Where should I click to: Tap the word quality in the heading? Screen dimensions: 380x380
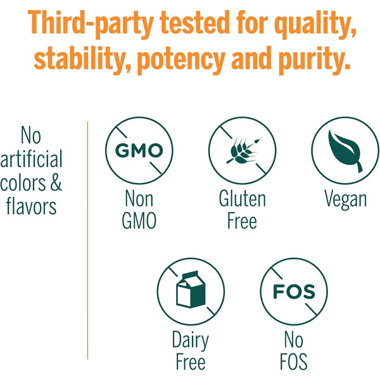[315, 24]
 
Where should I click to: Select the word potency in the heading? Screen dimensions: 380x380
[181, 60]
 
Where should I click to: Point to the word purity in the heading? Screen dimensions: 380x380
[314, 60]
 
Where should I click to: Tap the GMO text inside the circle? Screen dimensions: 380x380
[139, 151]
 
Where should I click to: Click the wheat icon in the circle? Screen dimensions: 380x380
[243, 151]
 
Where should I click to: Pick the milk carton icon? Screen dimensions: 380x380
[191, 289]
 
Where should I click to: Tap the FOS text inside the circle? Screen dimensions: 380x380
[294, 291]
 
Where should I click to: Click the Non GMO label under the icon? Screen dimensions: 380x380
[139, 210]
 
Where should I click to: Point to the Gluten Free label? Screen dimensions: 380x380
[243, 210]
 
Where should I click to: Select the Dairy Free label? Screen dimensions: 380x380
[191, 350]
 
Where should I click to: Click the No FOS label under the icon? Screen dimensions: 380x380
[294, 350]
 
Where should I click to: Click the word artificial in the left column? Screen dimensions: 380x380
[31, 159]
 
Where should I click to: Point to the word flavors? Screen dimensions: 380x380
[31, 206]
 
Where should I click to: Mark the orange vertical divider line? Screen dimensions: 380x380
[87, 240]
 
